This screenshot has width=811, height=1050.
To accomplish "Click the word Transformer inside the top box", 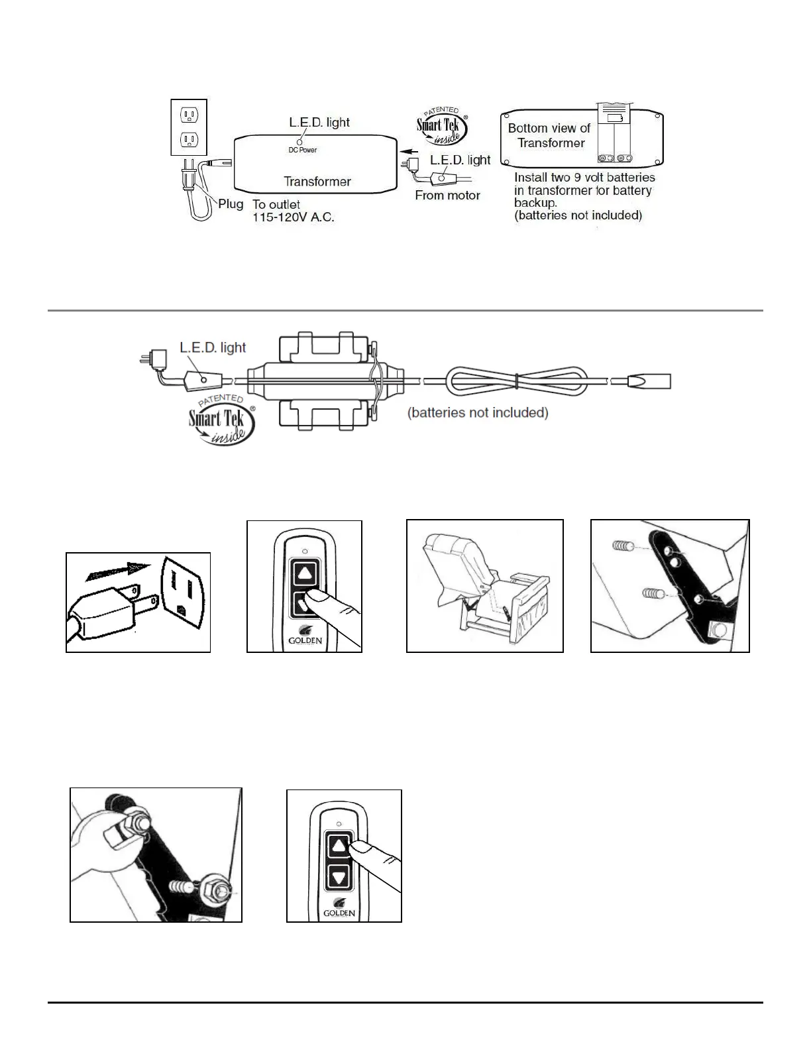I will [x=317, y=182].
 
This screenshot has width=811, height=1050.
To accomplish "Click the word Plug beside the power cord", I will [x=231, y=204].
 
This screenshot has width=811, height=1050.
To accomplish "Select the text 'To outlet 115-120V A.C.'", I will [x=293, y=211].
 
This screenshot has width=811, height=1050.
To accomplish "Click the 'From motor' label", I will [x=447, y=195].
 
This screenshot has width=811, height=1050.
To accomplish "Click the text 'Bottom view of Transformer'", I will [x=549, y=135].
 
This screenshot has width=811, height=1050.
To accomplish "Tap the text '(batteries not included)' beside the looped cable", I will [x=478, y=412].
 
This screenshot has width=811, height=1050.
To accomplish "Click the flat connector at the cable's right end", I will [x=649, y=381].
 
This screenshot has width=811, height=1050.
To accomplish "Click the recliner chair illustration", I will [x=484, y=586].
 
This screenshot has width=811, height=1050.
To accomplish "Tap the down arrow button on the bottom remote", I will [x=340, y=877].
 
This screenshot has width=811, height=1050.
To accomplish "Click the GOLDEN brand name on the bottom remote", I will [x=339, y=913].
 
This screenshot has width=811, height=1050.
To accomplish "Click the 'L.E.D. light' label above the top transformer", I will [x=319, y=123].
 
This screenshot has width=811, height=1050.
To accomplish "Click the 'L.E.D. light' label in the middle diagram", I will [x=213, y=347].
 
